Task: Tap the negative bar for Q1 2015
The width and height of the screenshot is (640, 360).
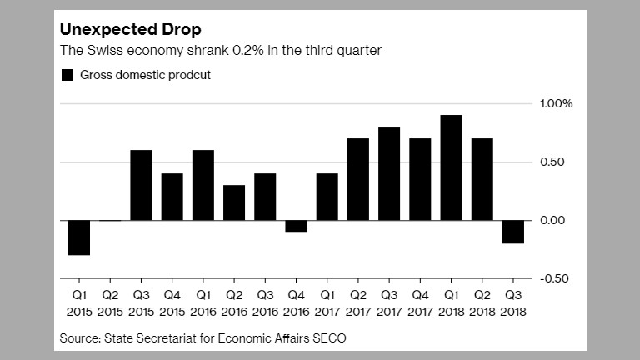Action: pos(79,237)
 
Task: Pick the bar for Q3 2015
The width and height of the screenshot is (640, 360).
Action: pos(142,185)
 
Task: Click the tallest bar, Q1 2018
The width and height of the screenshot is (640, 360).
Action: pos(451,167)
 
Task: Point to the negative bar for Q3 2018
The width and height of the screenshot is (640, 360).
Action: pos(513,232)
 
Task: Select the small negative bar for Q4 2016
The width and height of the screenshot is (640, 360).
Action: pos(296,226)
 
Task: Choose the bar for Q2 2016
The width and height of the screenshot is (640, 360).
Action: pos(234,202)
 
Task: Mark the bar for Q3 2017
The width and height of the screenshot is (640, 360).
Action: pos(389,173)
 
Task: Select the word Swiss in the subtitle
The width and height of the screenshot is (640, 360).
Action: pos(102,51)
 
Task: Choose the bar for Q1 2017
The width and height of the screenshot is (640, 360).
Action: pos(327,197)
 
